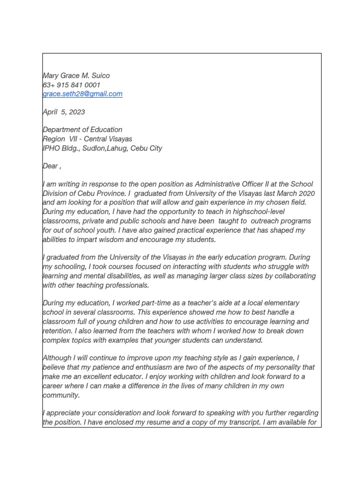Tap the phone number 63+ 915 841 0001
pos(72,85)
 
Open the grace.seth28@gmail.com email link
pos(82,94)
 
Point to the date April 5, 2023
pos(64,112)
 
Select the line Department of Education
pos(82,130)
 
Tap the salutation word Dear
pos(50,166)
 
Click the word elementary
pos(281,303)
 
